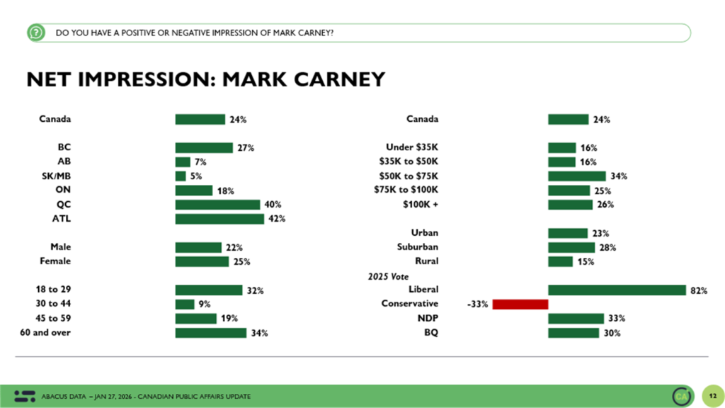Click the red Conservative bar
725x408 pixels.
[x=520, y=304]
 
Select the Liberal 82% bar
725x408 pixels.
[x=617, y=290]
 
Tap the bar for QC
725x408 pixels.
[x=217, y=205]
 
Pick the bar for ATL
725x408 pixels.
[x=219, y=219]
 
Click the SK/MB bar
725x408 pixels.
[x=181, y=176]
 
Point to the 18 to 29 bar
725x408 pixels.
[x=209, y=290]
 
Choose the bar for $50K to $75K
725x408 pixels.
[x=576, y=176]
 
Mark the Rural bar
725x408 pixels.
[x=560, y=261]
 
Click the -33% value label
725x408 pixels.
[x=477, y=305]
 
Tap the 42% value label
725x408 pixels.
[x=277, y=219]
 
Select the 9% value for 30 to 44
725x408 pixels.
[x=204, y=305]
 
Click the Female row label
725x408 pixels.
[x=55, y=261]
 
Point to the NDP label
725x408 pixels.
[x=427, y=319]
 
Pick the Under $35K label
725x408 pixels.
[x=412, y=148]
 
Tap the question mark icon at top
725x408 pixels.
[x=35, y=33]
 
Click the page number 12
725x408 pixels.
[x=712, y=395]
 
